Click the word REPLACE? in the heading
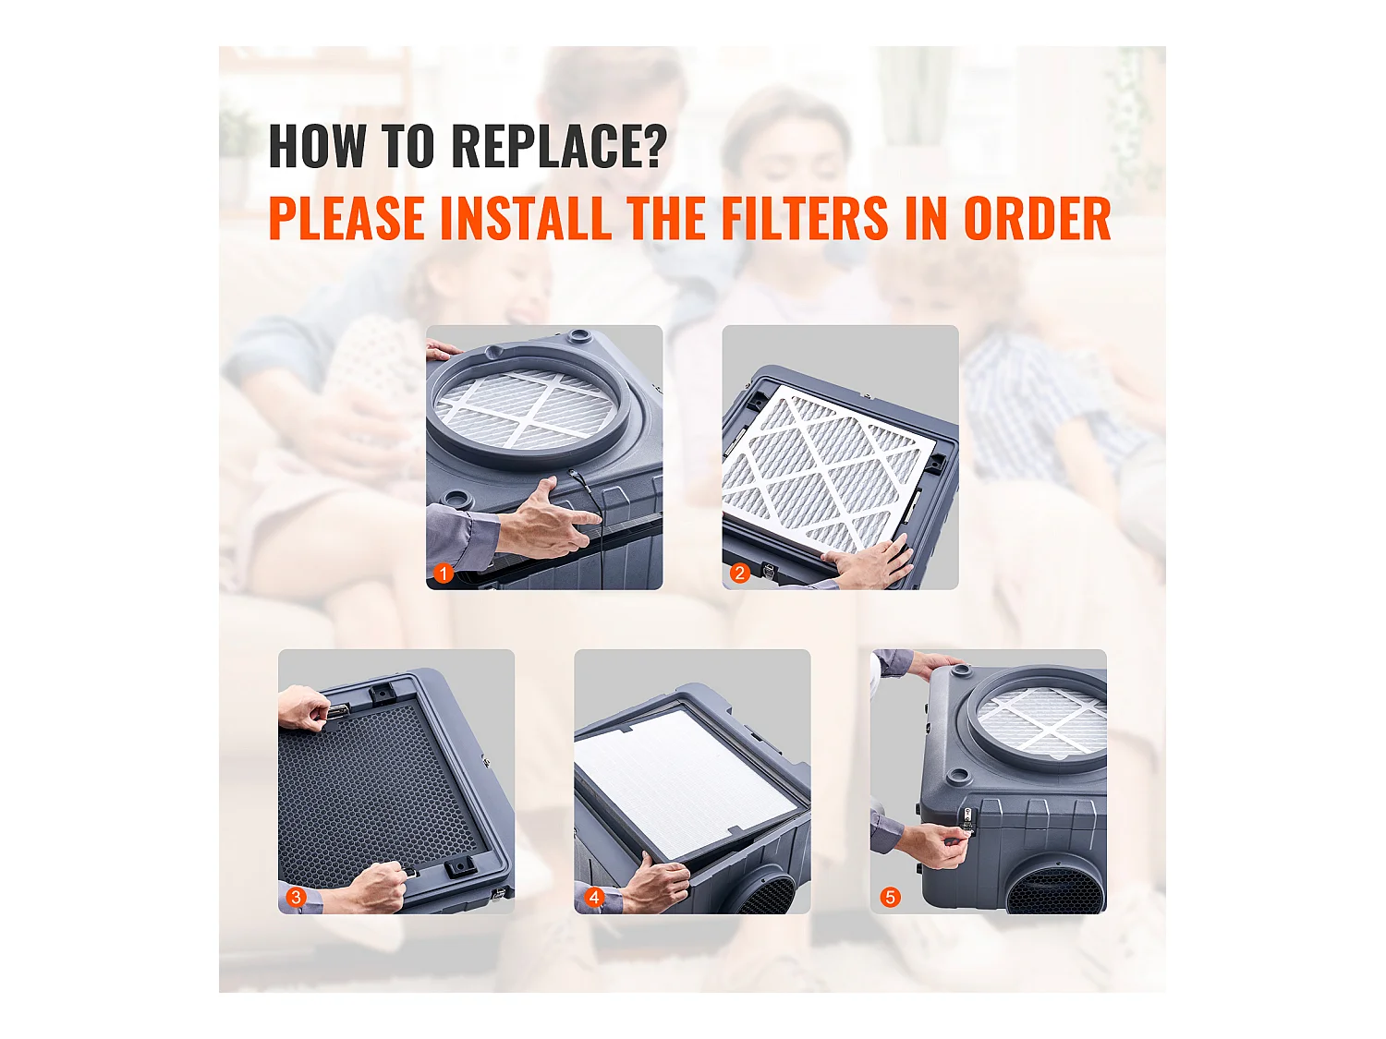558,147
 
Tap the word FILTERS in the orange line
805,219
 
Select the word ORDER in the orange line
1037,219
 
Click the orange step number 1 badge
444,574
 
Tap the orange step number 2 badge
739,574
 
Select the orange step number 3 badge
296,897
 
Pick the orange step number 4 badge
594,897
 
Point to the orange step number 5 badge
890,897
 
